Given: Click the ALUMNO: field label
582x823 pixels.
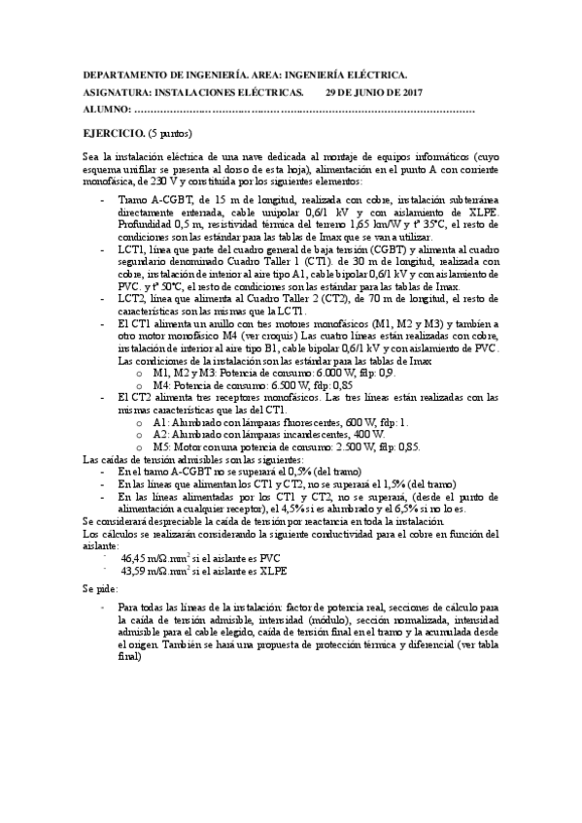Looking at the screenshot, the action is point(104,111).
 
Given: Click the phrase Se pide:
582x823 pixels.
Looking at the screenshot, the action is point(102,588).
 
